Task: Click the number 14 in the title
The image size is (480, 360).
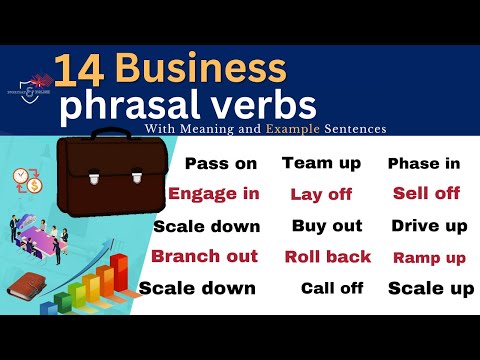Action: point(80,70)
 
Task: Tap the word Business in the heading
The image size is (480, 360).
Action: point(200,70)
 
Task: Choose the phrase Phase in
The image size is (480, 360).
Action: point(424,164)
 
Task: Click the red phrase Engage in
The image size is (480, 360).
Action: point(214,193)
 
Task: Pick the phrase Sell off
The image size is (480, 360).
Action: point(426,193)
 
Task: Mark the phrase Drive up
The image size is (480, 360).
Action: point(429,226)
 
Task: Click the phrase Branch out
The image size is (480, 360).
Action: point(204,256)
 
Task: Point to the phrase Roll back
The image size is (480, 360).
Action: point(328,257)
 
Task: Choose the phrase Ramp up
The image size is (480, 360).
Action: point(429,258)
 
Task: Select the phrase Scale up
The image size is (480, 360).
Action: point(430,289)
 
